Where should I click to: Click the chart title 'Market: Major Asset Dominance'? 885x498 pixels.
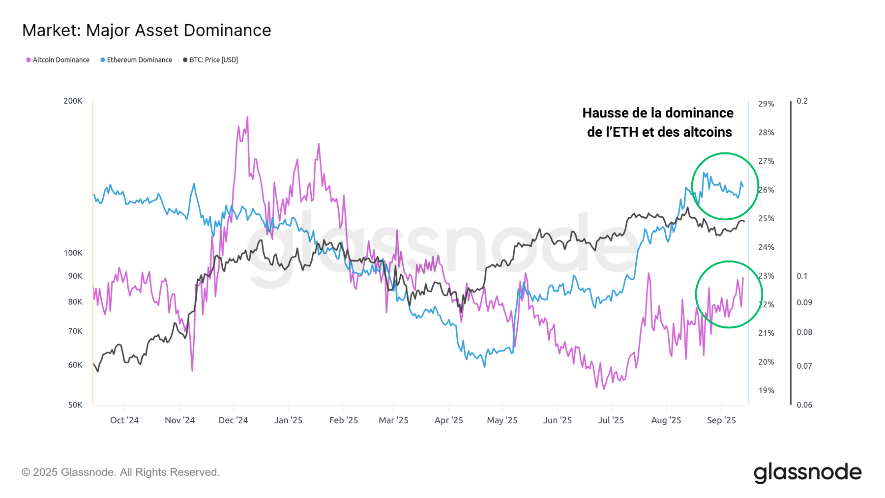click(147, 30)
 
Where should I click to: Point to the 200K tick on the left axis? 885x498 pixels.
click(73, 101)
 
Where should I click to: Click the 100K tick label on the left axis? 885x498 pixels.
click(73, 253)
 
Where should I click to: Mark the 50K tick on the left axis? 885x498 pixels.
click(75, 405)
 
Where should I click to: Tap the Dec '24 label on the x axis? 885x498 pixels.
click(233, 420)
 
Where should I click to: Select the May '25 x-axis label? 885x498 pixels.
click(502, 420)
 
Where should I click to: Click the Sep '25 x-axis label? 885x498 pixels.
click(721, 420)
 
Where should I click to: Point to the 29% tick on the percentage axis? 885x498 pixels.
click(766, 104)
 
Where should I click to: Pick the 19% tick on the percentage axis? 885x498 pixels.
click(766, 391)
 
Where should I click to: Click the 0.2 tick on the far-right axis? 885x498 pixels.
click(802, 101)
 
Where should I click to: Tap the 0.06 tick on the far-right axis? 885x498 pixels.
click(804, 405)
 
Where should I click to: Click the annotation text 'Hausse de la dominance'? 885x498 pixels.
click(658, 113)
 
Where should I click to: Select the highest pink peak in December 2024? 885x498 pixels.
click(247, 117)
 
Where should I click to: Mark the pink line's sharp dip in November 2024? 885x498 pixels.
click(192, 370)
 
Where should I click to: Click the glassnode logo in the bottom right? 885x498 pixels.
click(807, 472)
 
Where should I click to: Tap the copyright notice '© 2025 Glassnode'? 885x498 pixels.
click(120, 472)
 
